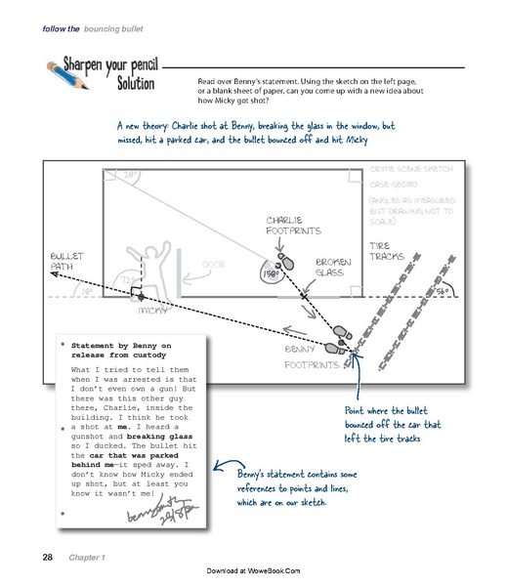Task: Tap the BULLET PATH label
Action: (x=66, y=261)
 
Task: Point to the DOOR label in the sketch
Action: (x=214, y=265)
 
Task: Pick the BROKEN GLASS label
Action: (x=332, y=267)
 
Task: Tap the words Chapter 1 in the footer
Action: (x=90, y=558)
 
